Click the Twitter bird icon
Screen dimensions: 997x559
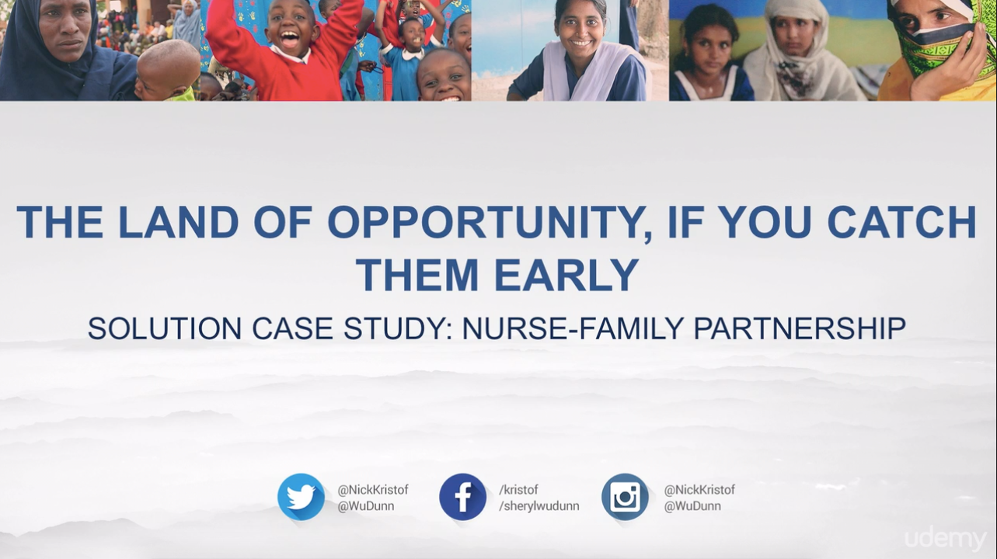(301, 497)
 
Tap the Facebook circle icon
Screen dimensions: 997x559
(462, 497)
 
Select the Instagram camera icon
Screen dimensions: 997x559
(625, 497)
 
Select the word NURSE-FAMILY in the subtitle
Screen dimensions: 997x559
(573, 328)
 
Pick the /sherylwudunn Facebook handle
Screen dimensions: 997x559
(539, 506)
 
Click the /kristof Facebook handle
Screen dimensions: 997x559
(518, 490)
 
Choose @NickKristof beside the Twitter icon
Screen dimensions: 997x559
(373, 490)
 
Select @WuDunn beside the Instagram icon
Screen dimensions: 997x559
(692, 506)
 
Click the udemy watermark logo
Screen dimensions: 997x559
(946, 539)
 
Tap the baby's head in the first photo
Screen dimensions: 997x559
(167, 68)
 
